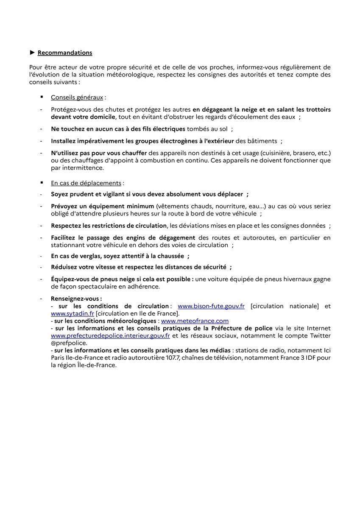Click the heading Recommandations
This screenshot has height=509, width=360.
tap(64, 53)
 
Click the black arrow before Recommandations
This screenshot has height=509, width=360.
tap(32, 53)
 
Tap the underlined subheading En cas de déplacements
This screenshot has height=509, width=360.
tap(86, 183)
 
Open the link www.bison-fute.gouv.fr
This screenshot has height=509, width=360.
tap(211, 306)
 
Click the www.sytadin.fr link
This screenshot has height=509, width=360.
tap(72, 313)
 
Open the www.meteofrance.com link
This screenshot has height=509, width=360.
tap(195, 321)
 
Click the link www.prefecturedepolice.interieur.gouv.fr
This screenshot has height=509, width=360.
tap(110, 336)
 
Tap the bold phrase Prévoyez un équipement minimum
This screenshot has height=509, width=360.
tap(102, 206)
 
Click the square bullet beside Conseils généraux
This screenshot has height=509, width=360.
tap(42, 97)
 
